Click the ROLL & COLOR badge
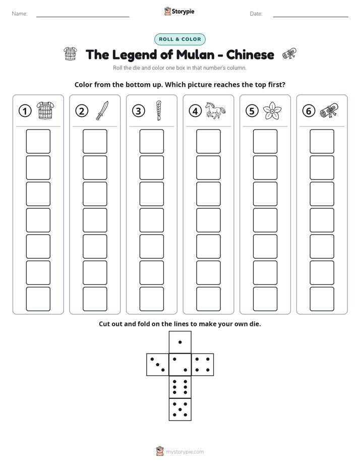pyautogui.click(x=179, y=39)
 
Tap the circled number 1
pyautogui.click(x=25, y=111)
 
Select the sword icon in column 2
pyautogui.click(x=102, y=110)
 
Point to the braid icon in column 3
pyautogui.click(x=159, y=110)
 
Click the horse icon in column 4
pyautogui.click(x=215, y=110)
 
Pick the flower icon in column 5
pyautogui.click(x=272, y=110)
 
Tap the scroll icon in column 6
pyautogui.click(x=329, y=110)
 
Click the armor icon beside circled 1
pyautogui.click(x=45, y=110)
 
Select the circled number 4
pyautogui.click(x=195, y=111)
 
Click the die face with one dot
pyautogui.click(x=180, y=342)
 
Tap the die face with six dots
pyautogui.click(x=180, y=387)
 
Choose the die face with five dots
pyautogui.click(x=180, y=410)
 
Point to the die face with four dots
pyautogui.click(x=203, y=365)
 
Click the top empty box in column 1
pyautogui.click(x=38, y=141)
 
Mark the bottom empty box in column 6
pyautogui.click(x=322, y=299)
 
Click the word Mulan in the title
pyautogui.click(x=195, y=54)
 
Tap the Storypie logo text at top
pyautogui.click(x=183, y=12)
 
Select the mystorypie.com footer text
pyautogui.click(x=185, y=452)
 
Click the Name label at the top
pyautogui.click(x=20, y=14)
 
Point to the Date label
pyautogui.click(x=256, y=14)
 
